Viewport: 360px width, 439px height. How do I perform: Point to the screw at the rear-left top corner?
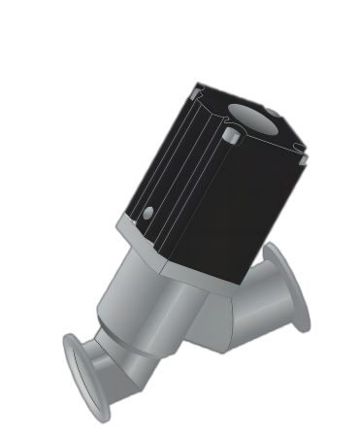click(x=198, y=91)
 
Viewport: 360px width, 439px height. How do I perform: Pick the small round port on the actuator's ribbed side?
click(x=148, y=213)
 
